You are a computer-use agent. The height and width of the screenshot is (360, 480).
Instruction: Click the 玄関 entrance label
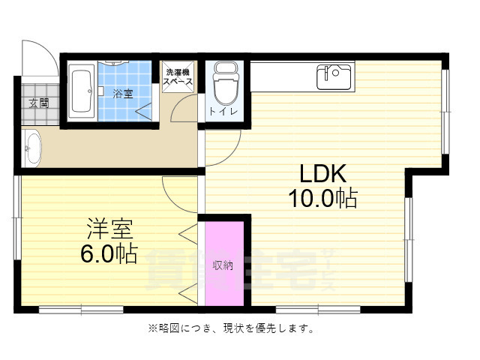39,103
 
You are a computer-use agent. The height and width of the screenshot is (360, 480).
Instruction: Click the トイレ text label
224,112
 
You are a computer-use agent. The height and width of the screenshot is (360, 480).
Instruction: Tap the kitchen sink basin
334,75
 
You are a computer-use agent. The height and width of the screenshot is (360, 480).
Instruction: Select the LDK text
322,174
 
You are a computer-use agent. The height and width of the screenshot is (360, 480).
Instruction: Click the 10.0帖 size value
322,199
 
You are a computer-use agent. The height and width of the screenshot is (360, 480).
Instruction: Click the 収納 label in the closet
223,264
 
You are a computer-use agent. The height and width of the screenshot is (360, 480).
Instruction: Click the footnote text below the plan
230,328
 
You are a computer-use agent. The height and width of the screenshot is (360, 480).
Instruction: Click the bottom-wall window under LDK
308,309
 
